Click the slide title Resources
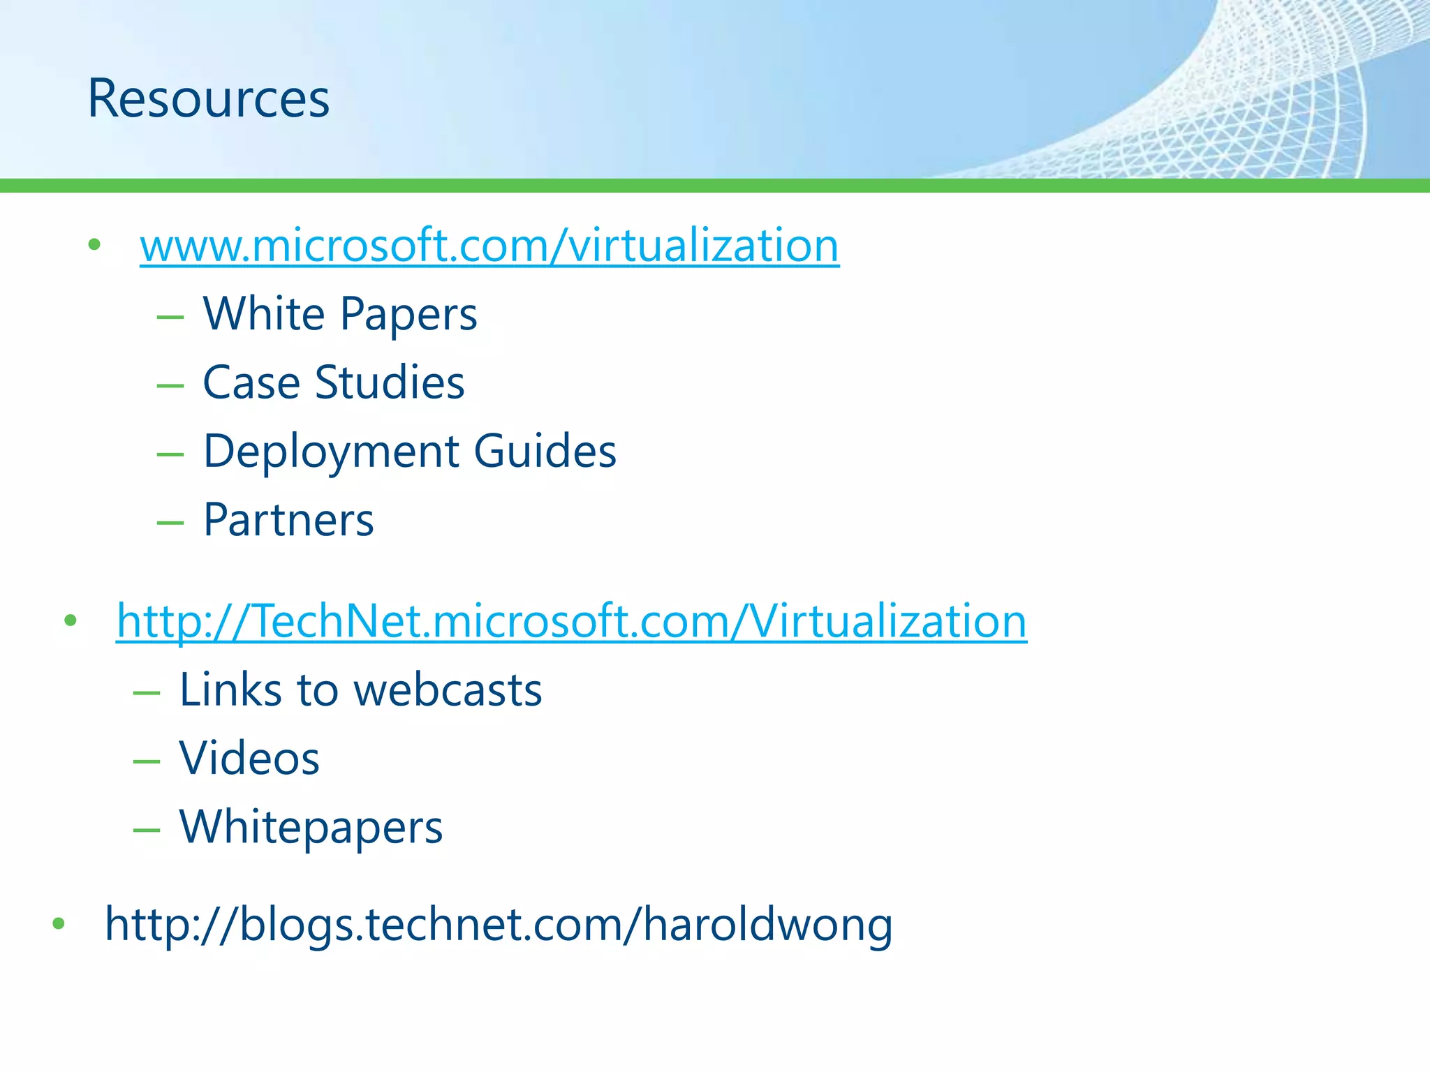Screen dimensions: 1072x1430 pos(208,99)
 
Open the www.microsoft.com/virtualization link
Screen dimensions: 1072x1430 pos(489,246)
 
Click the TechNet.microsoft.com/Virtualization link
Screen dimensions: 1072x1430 pos(571,621)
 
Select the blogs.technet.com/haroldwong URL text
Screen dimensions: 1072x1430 pos(499,924)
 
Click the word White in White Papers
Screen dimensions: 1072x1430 pos(264,313)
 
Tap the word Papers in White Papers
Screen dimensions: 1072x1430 pos(408,315)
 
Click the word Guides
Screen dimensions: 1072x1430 pos(545,451)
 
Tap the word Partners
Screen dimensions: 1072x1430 pos(288,520)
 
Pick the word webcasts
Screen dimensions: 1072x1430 pos(448,690)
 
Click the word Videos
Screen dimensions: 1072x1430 pos(249,758)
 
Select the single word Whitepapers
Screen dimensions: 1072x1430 pos(311,828)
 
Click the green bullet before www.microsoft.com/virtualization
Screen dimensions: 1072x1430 pos(94,244)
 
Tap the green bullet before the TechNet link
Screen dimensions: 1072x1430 pos(70,620)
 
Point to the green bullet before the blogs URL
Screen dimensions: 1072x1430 pos(59,923)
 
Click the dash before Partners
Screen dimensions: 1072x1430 pos(170,522)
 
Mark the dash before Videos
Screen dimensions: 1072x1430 pos(147,761)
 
